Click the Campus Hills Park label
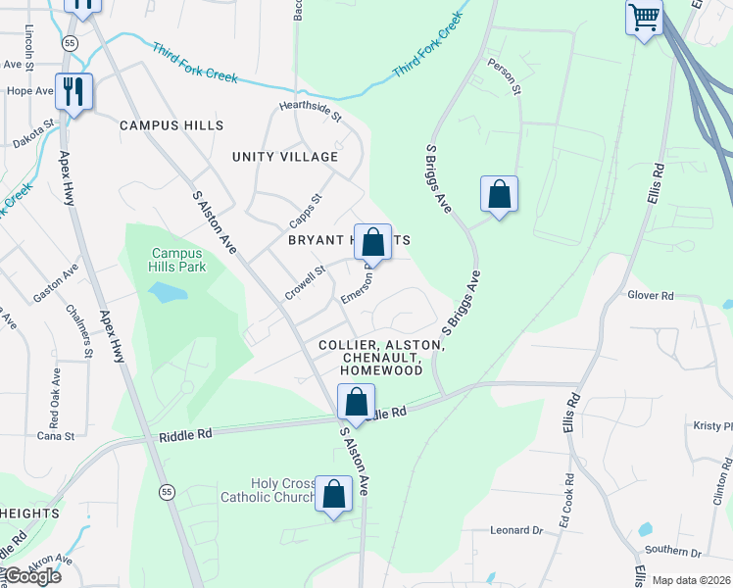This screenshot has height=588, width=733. pos(177,260)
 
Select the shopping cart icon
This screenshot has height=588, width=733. pos(644,17)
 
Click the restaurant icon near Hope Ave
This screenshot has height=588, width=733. pos(73,92)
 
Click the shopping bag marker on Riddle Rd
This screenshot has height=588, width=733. pos(356,402)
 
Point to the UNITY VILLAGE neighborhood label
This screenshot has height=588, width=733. pos(285,157)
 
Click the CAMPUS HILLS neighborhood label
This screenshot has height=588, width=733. pos(171,125)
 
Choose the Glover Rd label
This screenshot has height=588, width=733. pos(651,295)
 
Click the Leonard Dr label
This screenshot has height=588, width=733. pos(515,530)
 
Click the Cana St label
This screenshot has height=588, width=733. pos(56,435)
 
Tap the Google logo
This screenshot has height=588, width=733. pos(32,576)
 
